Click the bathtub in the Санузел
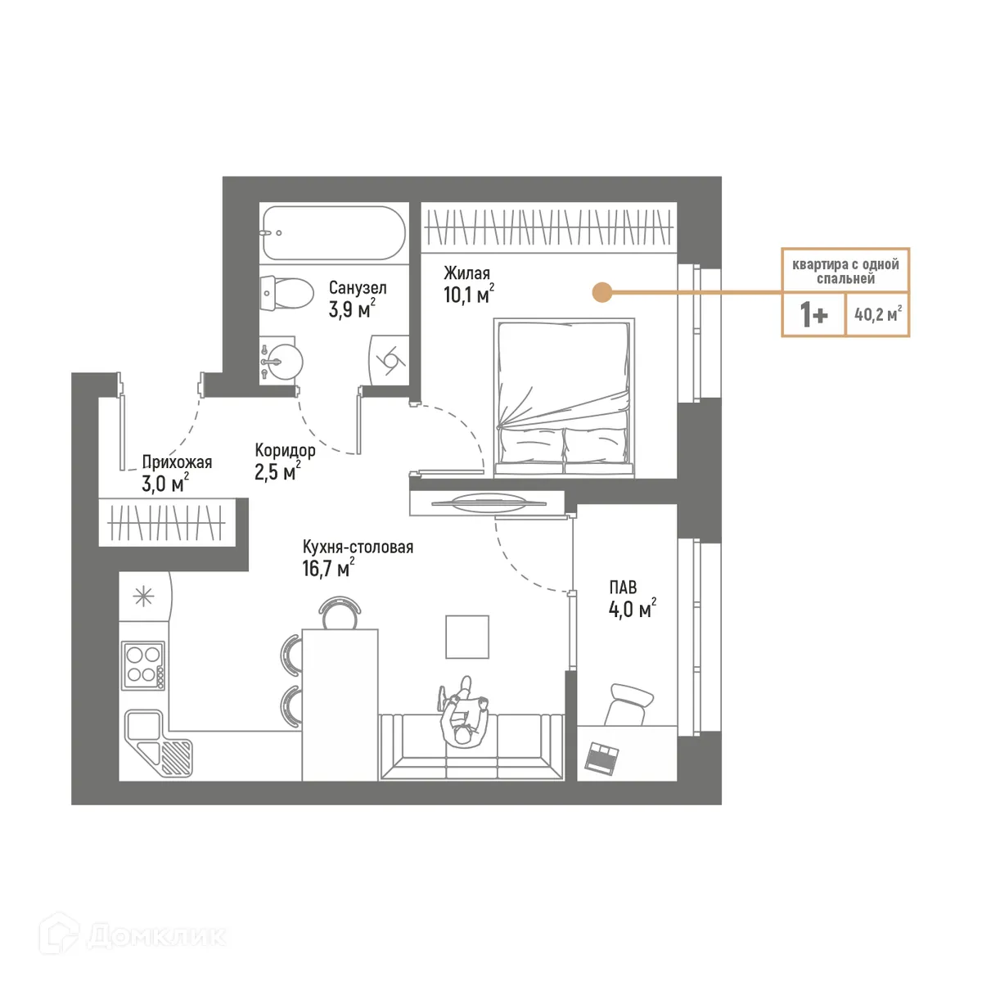pos(334,232)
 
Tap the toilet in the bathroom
pos(288,293)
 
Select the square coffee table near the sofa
pos(467,637)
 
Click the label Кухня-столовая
pos(358,547)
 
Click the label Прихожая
pos(177,462)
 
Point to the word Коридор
pos(285,450)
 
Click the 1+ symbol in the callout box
pos(813,314)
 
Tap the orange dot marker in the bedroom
pos(602,291)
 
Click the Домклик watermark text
pos(155,935)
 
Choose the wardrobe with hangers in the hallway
pos(167,522)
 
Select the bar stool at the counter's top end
pos(340,612)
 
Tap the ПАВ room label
pos(623,588)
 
